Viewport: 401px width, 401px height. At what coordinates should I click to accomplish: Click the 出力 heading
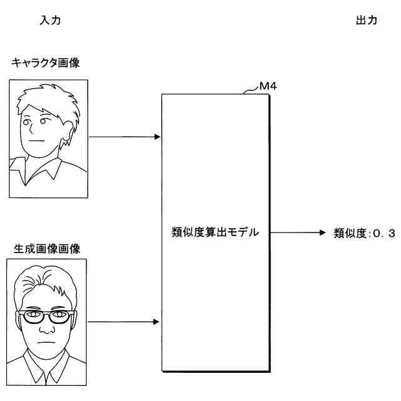click(x=367, y=20)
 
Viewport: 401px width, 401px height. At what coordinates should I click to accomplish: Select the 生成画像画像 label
click(x=47, y=249)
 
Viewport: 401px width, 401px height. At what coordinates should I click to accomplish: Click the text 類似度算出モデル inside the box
click(x=214, y=232)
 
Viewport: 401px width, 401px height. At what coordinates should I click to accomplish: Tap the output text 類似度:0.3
click(x=365, y=233)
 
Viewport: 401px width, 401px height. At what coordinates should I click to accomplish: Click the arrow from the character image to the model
click(x=125, y=137)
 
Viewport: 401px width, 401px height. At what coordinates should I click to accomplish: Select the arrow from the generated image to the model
click(x=125, y=322)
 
